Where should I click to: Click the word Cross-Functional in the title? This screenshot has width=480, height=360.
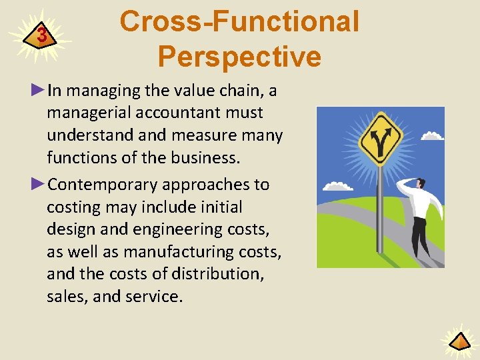coord(239,21)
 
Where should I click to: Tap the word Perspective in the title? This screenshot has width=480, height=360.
coord(239,57)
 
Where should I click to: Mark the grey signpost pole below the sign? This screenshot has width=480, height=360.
coord(381,213)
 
